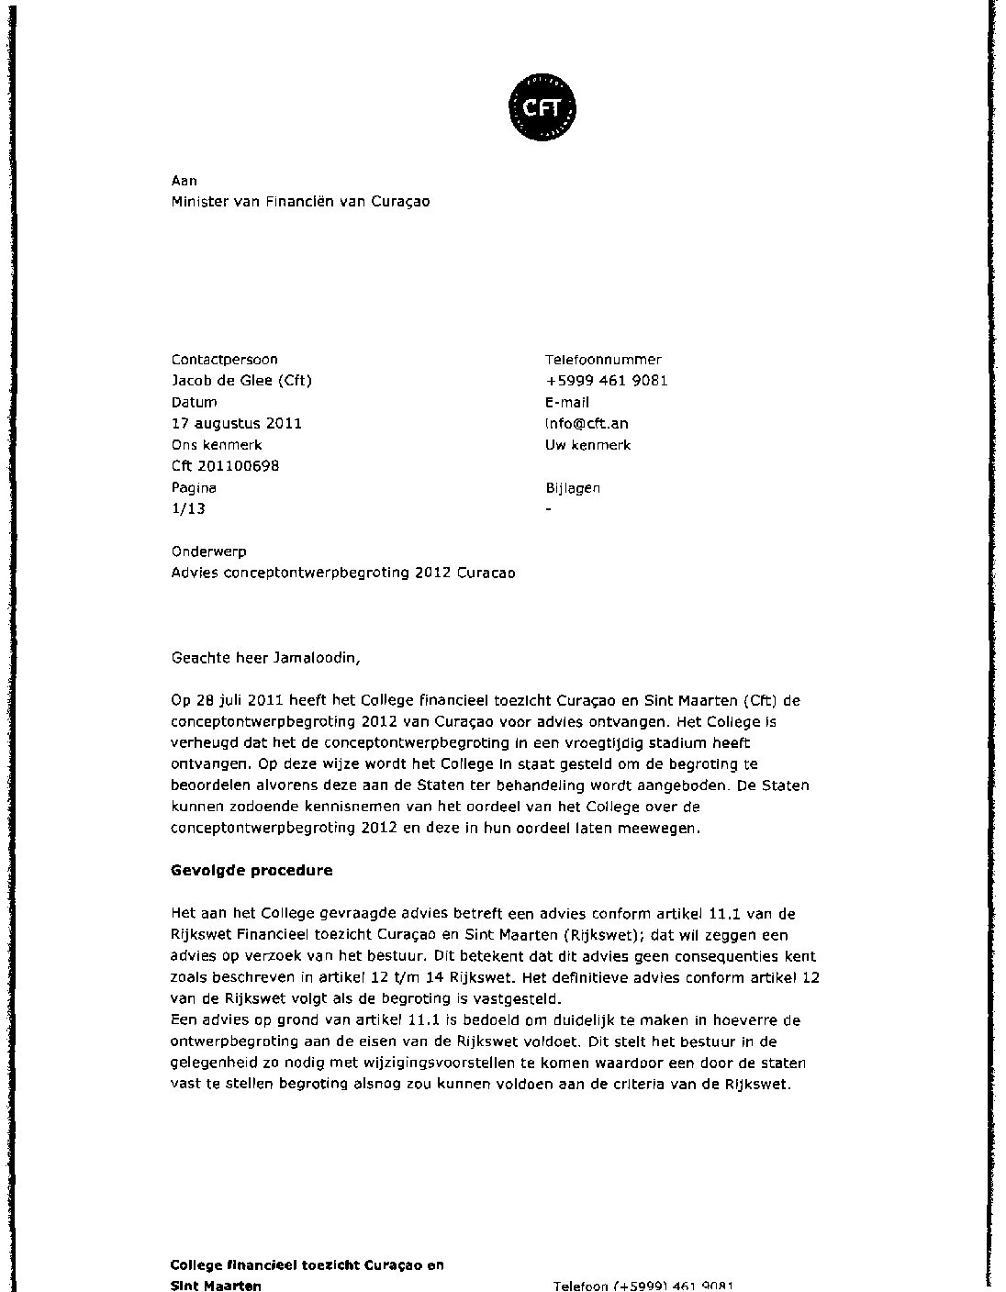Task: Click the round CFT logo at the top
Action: (x=542, y=109)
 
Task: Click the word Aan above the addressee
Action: (x=184, y=181)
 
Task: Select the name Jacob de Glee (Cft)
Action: (x=241, y=381)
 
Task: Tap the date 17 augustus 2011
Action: (x=236, y=423)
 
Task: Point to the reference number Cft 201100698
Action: (x=225, y=466)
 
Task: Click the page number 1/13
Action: (x=188, y=508)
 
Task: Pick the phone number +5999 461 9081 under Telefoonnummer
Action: (x=606, y=381)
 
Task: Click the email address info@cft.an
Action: (x=587, y=423)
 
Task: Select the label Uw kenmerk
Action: (x=587, y=445)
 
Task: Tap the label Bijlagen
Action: (x=573, y=488)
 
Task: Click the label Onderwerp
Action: (x=208, y=552)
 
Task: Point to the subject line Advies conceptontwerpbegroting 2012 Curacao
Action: (x=343, y=574)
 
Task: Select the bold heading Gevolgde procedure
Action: (x=251, y=871)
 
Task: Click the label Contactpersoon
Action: (x=224, y=360)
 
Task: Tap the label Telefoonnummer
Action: (x=603, y=360)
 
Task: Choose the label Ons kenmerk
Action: (x=217, y=445)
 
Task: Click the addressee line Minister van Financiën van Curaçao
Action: (x=300, y=202)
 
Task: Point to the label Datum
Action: (x=194, y=402)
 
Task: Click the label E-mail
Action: (x=567, y=402)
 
